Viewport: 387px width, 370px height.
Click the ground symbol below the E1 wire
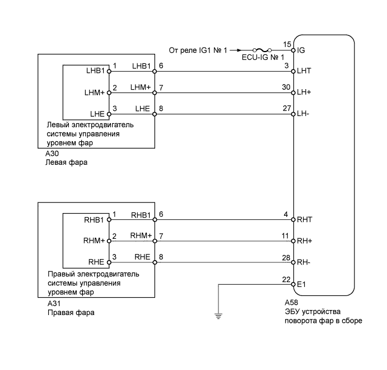click(218, 316)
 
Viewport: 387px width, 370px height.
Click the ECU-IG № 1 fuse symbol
click(262, 50)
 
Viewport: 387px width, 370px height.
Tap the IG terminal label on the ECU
click(301, 50)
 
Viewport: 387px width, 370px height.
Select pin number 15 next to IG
click(287, 44)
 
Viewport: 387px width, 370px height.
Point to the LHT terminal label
click(304, 71)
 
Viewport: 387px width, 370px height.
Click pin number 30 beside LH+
click(286, 87)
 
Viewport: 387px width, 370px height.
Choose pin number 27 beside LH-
click(287, 108)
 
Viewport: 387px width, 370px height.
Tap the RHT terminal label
click(305, 220)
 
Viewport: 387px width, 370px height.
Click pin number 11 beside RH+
click(285, 236)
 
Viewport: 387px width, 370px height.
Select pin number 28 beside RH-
click(286, 258)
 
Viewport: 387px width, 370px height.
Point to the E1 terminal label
click(301, 285)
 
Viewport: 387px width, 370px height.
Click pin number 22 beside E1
click(286, 279)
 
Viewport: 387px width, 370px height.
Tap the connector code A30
click(52, 154)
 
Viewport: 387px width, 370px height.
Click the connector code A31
click(54, 303)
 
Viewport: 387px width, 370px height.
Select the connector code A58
click(291, 303)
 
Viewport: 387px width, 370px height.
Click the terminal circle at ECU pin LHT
click(293, 71)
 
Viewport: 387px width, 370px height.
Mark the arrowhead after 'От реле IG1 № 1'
click(239, 50)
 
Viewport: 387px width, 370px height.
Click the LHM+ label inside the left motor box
click(95, 92)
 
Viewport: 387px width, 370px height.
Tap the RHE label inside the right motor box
click(96, 262)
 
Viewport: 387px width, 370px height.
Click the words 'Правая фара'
click(71, 313)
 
